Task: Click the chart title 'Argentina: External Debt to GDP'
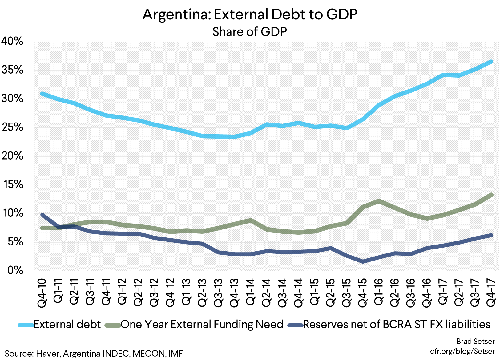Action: pos(250,14)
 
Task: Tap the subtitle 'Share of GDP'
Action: pos(250,32)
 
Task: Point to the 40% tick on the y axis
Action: pos(13,41)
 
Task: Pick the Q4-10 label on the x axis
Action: pos(42,292)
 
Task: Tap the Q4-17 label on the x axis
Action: pos(491,292)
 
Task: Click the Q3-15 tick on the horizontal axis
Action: pos(347,292)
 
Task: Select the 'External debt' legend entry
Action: pos(67,324)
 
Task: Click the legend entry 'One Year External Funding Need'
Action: pos(202,324)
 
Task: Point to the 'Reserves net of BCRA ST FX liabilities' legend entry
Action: pos(397,324)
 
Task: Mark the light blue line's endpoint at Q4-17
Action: pos(491,62)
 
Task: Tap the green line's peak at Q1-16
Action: pos(379,201)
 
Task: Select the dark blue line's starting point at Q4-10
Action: pos(42,215)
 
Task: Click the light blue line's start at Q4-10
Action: pos(42,94)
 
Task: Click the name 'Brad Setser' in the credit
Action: pos(475,341)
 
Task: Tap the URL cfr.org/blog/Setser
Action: pos(462,351)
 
